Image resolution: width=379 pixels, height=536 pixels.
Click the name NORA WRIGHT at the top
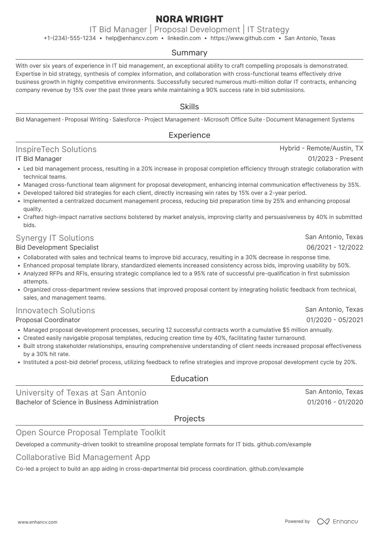click(189, 19)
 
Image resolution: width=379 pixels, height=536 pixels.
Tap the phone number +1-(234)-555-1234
click(70, 38)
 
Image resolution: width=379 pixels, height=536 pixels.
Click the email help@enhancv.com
click(131, 38)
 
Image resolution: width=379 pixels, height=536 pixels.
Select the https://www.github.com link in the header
click(242, 38)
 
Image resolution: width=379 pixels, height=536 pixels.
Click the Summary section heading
click(189, 53)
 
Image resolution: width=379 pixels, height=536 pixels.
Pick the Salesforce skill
click(126, 120)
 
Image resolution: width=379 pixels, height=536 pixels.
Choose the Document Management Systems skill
click(310, 120)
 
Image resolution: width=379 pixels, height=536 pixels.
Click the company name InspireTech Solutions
click(56, 149)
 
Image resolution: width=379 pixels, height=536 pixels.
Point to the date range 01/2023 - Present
click(335, 159)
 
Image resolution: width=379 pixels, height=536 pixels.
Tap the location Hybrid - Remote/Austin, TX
click(321, 148)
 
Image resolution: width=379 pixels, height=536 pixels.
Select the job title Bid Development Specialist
click(57, 247)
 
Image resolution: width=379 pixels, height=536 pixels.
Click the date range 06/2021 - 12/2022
click(335, 247)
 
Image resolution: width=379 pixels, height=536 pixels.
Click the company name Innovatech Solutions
click(55, 310)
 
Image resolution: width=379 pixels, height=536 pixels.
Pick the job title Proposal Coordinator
click(48, 320)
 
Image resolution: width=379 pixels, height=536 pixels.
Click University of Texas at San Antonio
click(81, 393)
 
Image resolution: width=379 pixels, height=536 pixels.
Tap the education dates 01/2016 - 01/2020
click(335, 402)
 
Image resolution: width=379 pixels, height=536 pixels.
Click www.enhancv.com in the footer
click(37, 522)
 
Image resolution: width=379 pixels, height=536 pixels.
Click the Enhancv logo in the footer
click(338, 521)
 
